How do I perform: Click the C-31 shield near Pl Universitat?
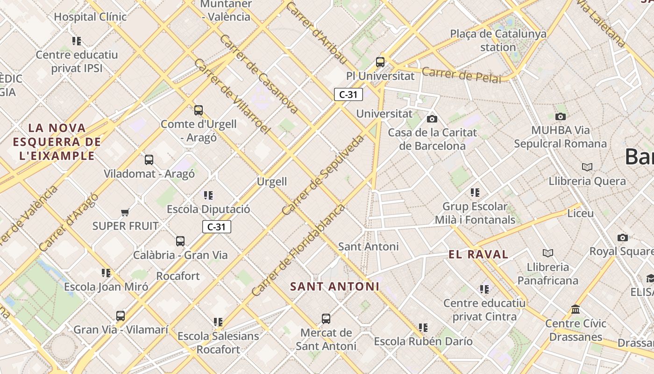tap(348, 94)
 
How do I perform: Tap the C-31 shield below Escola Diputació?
tap(217, 227)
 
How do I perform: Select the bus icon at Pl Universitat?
tap(380, 62)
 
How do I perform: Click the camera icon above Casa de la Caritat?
tap(432, 119)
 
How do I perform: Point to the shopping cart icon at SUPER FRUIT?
tap(125, 213)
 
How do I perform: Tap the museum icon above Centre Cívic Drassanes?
tap(576, 309)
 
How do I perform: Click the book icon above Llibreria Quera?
tap(587, 167)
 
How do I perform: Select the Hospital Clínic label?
tap(90, 17)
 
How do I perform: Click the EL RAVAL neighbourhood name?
tap(478, 255)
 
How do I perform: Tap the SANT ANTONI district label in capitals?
tap(334, 286)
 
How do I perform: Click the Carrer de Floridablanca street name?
tap(299, 250)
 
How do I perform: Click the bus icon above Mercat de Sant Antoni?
tap(326, 319)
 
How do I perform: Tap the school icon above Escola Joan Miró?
tap(106, 273)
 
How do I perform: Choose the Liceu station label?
tap(580, 214)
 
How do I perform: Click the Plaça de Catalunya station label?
tap(498, 40)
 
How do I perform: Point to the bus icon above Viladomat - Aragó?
tap(149, 160)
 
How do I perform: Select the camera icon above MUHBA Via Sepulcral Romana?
tap(561, 116)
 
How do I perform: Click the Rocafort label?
tap(178, 276)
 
